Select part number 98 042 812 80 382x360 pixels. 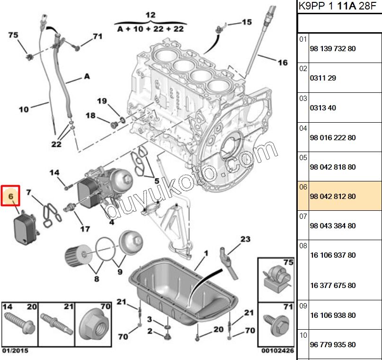tap(332, 197)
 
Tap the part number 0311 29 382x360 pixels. tap(323, 78)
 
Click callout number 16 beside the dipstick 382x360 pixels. tap(282, 63)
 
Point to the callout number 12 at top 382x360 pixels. tap(150, 15)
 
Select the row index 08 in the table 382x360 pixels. tap(303, 246)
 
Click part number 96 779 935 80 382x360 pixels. tap(332, 345)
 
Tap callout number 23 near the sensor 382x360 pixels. tap(245, 239)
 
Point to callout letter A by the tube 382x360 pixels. tap(87, 76)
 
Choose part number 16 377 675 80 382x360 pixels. tap(332, 286)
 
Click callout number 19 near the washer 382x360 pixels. tap(102, 100)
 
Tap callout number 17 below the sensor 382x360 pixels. tap(85, 229)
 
